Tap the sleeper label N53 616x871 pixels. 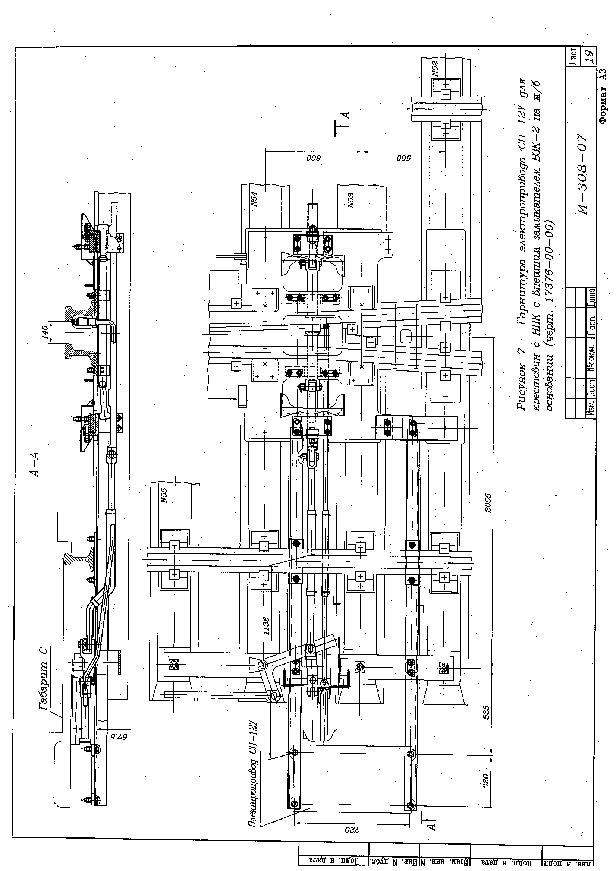click(350, 200)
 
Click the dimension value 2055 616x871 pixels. click(488, 503)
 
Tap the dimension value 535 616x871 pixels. click(487, 712)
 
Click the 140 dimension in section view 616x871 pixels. click(46, 332)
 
